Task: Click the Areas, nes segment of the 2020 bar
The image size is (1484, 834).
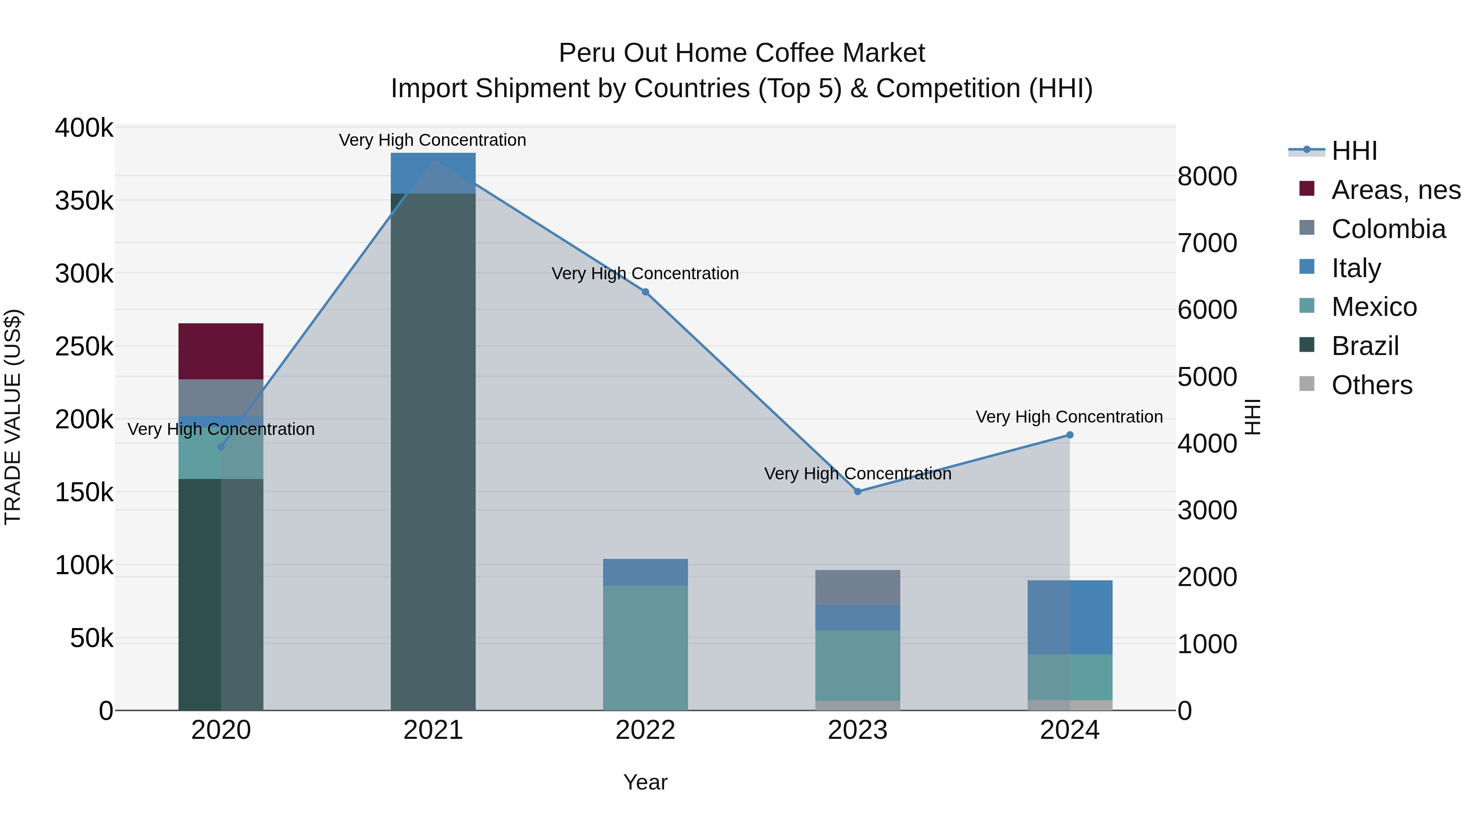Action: click(221, 351)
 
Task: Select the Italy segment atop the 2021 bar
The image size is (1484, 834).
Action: click(433, 173)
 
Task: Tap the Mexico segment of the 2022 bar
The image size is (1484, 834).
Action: click(645, 647)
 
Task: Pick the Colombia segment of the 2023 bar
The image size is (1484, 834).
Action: click(857, 587)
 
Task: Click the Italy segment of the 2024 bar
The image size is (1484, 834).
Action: click(1070, 617)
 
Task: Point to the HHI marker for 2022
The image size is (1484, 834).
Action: click(645, 292)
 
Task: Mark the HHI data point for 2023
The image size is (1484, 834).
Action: click(857, 491)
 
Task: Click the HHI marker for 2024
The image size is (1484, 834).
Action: click(1070, 435)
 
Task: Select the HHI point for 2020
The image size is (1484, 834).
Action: click(221, 446)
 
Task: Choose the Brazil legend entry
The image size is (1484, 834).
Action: click(1365, 346)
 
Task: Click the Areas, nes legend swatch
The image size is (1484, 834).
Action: click(1307, 189)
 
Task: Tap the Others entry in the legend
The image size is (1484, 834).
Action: click(1371, 385)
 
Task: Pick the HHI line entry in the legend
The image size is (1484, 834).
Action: click(1354, 151)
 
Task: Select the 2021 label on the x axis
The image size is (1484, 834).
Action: click(433, 730)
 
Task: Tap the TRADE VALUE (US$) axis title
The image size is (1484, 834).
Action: click(13, 417)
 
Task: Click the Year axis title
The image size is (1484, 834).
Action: click(645, 782)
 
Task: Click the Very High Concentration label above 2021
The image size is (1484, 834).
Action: click(432, 140)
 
